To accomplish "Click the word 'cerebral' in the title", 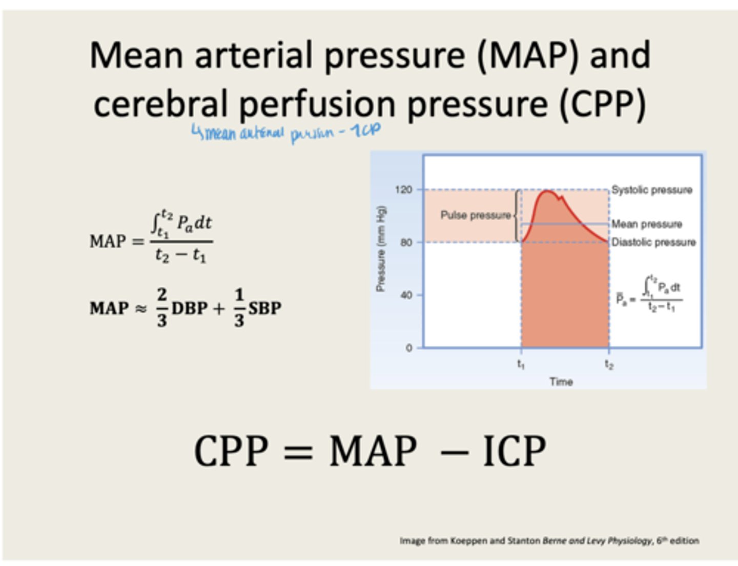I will [160, 104].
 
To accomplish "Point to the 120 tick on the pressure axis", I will [404, 190].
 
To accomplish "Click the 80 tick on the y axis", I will [406, 242].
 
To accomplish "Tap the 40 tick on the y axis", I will [406, 295].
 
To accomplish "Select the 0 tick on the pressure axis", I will [409, 348].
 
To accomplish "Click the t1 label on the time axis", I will [521, 364].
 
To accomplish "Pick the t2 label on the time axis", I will [609, 364].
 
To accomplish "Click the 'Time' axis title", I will [561, 382].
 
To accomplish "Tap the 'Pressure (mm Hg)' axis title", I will [381, 249].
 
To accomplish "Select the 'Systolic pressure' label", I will [651, 190].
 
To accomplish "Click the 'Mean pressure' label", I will [646, 224].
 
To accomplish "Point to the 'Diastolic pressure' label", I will [653, 242].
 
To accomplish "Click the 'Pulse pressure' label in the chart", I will [476, 215].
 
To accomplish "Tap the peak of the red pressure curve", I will [547, 192].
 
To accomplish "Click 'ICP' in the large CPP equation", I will [514, 451].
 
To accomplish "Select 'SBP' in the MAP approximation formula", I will [265, 308].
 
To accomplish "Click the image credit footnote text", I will [549, 540].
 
